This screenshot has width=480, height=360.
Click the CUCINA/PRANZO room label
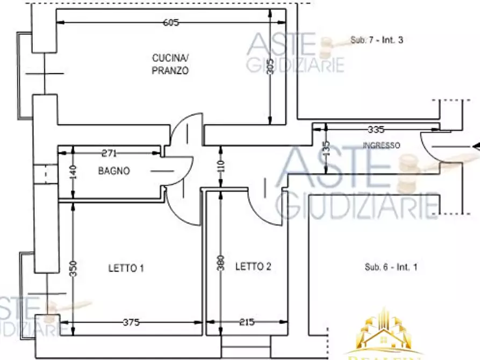[x=170, y=64]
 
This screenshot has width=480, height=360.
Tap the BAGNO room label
[x=113, y=171]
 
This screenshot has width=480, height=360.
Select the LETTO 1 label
[x=126, y=268]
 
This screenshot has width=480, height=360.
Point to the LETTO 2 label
[x=253, y=267]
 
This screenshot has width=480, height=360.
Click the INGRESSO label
[x=381, y=145]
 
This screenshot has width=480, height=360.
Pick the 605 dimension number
[x=171, y=23]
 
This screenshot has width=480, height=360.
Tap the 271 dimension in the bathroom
[x=109, y=154]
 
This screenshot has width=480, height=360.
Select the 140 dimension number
[x=74, y=172]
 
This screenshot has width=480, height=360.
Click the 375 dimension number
[x=131, y=322]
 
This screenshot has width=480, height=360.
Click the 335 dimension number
[x=376, y=129]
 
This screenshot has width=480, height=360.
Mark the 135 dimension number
[x=325, y=149]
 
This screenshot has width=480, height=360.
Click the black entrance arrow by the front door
[x=475, y=146]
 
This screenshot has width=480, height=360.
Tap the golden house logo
[x=385, y=333]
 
